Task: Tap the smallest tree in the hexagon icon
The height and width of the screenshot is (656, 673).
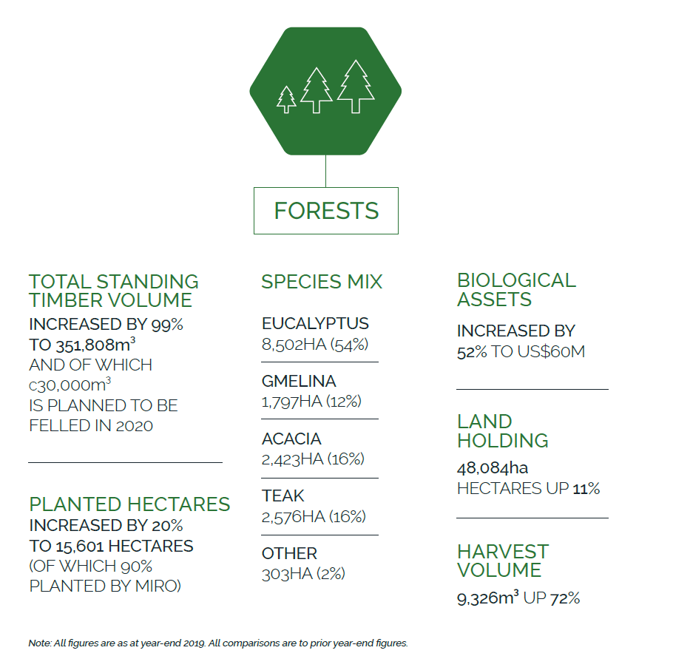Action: [x=286, y=99]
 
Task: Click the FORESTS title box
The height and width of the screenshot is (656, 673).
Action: [x=326, y=211]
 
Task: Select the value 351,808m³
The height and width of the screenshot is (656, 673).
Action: [x=94, y=345]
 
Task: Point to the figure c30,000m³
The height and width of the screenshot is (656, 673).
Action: [x=70, y=385]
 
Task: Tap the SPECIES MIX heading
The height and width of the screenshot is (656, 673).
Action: [x=322, y=282]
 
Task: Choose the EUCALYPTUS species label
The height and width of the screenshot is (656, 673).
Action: [x=315, y=323]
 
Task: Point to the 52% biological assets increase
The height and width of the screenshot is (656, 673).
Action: [x=472, y=352]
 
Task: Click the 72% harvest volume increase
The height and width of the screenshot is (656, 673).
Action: [x=565, y=598]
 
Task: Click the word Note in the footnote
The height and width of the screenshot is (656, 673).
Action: [x=39, y=643]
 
